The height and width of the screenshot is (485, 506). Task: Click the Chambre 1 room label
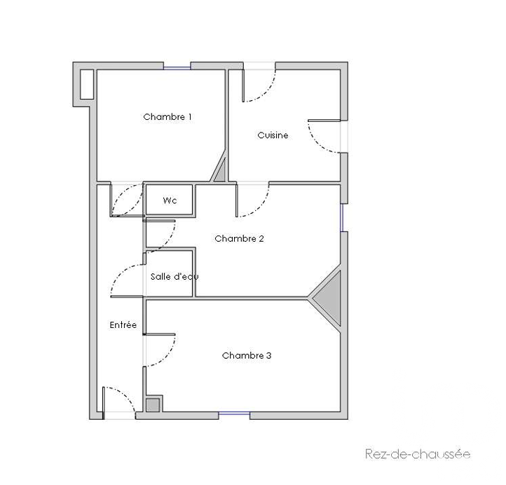pyautogui.click(x=167, y=117)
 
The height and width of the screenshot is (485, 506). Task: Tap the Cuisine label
pyautogui.click(x=273, y=135)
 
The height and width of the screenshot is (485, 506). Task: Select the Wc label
pyautogui.click(x=170, y=200)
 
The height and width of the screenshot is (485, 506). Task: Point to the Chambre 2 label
pyautogui.click(x=239, y=238)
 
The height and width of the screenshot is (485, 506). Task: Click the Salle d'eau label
pyautogui.click(x=175, y=277)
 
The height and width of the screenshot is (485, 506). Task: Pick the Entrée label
pyautogui.click(x=123, y=325)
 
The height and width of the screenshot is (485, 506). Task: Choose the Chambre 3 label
pyautogui.click(x=247, y=355)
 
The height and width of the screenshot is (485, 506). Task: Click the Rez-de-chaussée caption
pyautogui.click(x=418, y=454)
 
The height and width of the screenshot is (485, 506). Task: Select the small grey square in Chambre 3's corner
pyautogui.click(x=153, y=405)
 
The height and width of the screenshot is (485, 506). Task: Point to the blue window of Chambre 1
pyautogui.click(x=177, y=68)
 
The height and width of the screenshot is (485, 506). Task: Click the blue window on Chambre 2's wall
pyautogui.click(x=342, y=217)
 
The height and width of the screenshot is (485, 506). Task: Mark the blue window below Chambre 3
pyautogui.click(x=234, y=414)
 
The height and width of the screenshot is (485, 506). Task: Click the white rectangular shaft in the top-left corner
pyautogui.click(x=87, y=84)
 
